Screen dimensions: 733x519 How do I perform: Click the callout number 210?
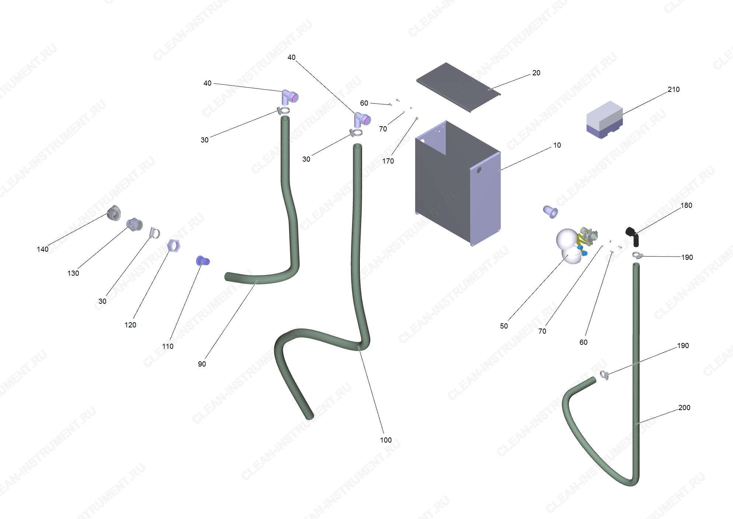click(x=673, y=89)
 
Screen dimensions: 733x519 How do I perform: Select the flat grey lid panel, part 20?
click(x=458, y=87)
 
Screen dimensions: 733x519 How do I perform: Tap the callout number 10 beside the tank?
click(x=557, y=145)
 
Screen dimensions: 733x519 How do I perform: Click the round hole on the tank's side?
click(x=479, y=170)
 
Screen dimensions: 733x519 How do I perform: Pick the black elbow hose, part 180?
click(x=633, y=236)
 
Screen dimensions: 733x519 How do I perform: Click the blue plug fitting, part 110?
click(x=202, y=261)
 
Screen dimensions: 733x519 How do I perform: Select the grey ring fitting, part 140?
click(x=114, y=213)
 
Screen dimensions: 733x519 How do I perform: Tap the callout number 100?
click(x=386, y=440)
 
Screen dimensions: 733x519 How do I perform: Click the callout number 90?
click(x=202, y=364)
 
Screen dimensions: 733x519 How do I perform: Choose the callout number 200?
click(x=684, y=408)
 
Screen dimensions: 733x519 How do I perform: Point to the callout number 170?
click(x=388, y=161)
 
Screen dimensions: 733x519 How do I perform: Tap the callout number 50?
click(x=504, y=326)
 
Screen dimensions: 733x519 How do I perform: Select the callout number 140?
click(x=42, y=249)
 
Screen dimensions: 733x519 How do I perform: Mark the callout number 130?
click(x=73, y=273)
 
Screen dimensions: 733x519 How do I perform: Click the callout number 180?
click(x=686, y=205)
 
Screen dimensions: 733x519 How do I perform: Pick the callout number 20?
click(x=536, y=73)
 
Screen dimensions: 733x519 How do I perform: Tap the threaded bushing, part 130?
click(x=134, y=224)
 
